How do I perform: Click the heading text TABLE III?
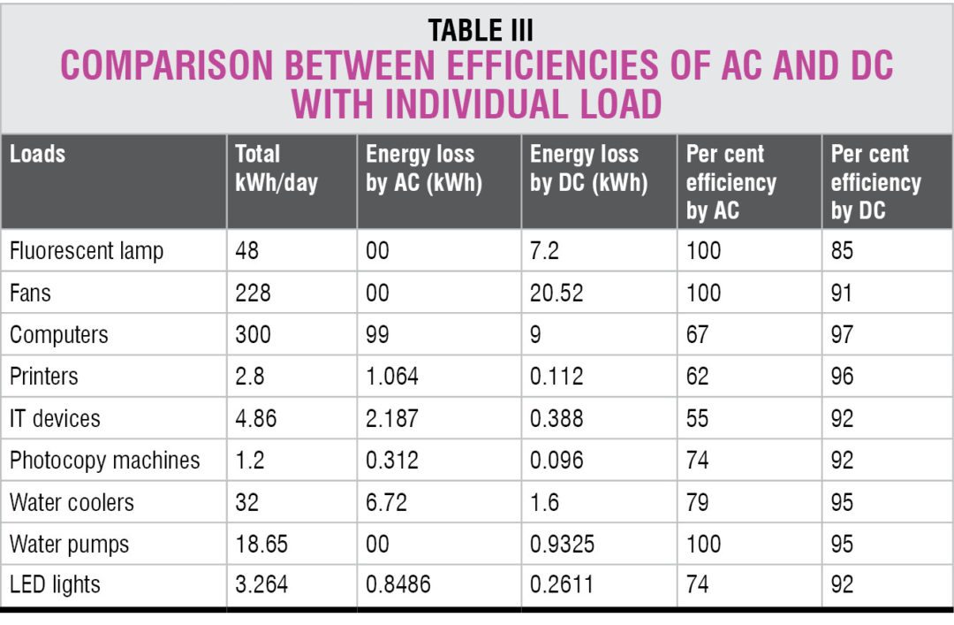(x=481, y=30)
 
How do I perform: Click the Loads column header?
(x=38, y=154)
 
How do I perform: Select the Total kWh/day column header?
(x=276, y=168)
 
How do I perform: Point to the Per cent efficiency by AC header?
(x=731, y=182)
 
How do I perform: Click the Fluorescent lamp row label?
(x=87, y=251)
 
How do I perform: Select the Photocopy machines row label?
(x=104, y=461)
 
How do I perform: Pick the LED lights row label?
(x=55, y=585)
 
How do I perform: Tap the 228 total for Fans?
(x=254, y=293)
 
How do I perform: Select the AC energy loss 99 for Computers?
(x=378, y=335)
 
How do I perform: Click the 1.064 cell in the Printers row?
(x=392, y=377)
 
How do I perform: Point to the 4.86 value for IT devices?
(x=256, y=418)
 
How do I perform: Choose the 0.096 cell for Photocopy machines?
(x=556, y=461)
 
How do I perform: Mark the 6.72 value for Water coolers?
(x=386, y=502)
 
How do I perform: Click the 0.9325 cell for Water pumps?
(x=563, y=544)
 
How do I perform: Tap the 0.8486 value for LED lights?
(x=398, y=585)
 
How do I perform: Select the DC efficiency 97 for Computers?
(x=843, y=335)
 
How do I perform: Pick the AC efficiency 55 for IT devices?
(x=698, y=418)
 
